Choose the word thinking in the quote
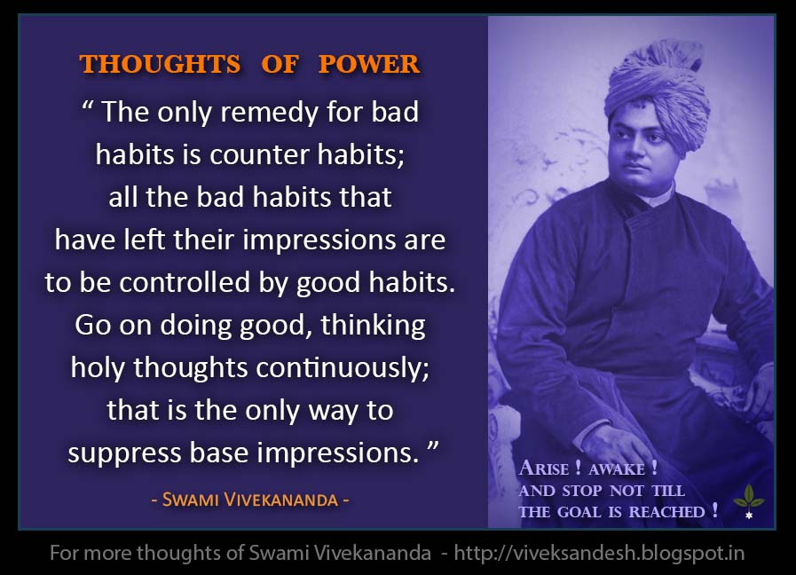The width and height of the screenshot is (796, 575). [373, 325]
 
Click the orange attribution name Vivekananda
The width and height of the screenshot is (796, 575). [284, 500]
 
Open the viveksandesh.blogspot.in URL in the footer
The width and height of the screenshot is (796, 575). [599, 553]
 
